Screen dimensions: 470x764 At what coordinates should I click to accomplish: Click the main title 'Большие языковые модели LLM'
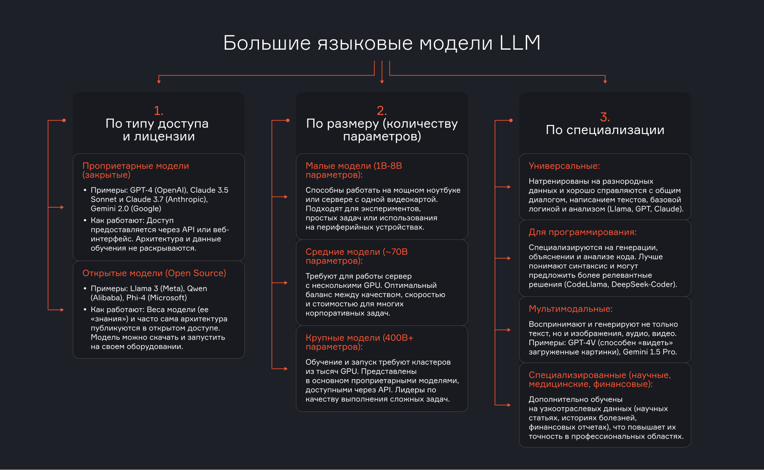(382, 43)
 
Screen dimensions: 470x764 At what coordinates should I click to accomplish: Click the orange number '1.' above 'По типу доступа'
(158, 111)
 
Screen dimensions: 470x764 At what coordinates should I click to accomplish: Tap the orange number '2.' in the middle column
(382, 111)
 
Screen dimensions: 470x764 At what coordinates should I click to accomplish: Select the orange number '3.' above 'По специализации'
(605, 117)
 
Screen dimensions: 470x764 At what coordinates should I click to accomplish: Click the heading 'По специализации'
(605, 130)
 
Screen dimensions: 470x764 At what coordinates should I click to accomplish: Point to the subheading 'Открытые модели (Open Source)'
(154, 273)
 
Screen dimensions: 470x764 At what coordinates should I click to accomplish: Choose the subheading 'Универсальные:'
(564, 166)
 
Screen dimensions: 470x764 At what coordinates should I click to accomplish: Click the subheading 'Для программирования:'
(582, 232)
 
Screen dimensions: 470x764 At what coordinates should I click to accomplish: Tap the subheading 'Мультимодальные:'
(570, 309)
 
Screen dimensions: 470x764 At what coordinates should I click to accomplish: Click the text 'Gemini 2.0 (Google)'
(126, 208)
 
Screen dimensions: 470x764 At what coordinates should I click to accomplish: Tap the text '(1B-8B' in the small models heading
(387, 166)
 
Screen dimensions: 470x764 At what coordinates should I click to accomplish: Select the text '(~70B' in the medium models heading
(395, 252)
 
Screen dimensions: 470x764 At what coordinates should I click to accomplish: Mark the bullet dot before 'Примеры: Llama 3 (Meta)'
(85, 289)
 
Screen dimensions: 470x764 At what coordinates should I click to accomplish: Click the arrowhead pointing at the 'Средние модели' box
(286, 283)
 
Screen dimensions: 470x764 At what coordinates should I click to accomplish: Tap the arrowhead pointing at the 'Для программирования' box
(509, 258)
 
